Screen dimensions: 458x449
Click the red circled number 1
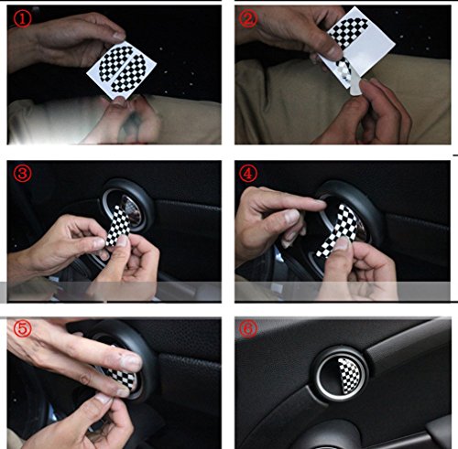tap(22, 19)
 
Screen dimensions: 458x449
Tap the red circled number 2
tap(248, 18)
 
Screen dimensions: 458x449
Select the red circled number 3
tap(22, 174)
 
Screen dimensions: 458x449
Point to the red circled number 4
tap(248, 174)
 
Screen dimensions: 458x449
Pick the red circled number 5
tap(22, 328)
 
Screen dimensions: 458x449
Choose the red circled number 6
tap(248, 328)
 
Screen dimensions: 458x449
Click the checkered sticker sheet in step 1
tap(121, 69)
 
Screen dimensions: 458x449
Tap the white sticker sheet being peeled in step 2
tap(355, 46)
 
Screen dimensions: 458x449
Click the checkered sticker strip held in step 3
tap(118, 225)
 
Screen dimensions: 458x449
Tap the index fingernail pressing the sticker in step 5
tap(131, 363)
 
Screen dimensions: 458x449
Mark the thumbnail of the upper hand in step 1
tap(118, 36)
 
